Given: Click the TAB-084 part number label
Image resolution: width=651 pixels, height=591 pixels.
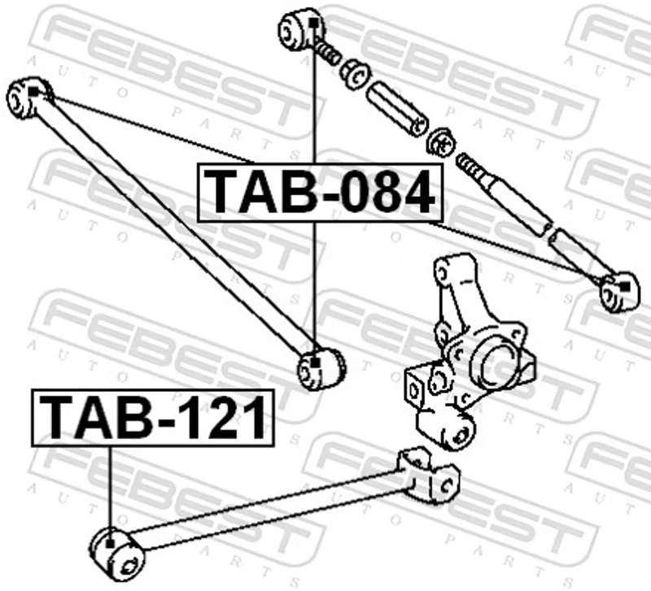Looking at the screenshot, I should click(x=319, y=192).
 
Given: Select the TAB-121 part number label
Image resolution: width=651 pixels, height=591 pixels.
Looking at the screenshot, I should click(x=151, y=417).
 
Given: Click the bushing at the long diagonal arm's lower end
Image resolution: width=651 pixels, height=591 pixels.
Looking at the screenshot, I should click(x=320, y=367).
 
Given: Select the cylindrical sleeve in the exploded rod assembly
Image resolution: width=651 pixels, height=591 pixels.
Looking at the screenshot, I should click(x=396, y=106).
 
